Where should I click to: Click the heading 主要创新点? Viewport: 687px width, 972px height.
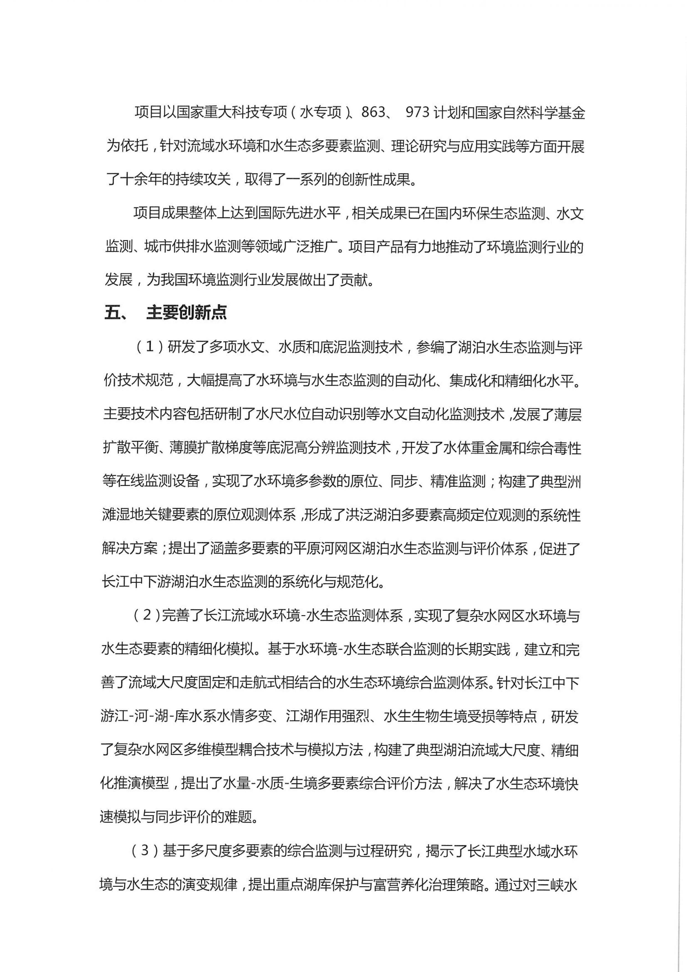tap(187, 312)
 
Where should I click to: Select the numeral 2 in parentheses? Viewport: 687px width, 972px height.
tap(146, 615)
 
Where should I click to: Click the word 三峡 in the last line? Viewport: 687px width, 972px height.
tap(550, 884)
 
